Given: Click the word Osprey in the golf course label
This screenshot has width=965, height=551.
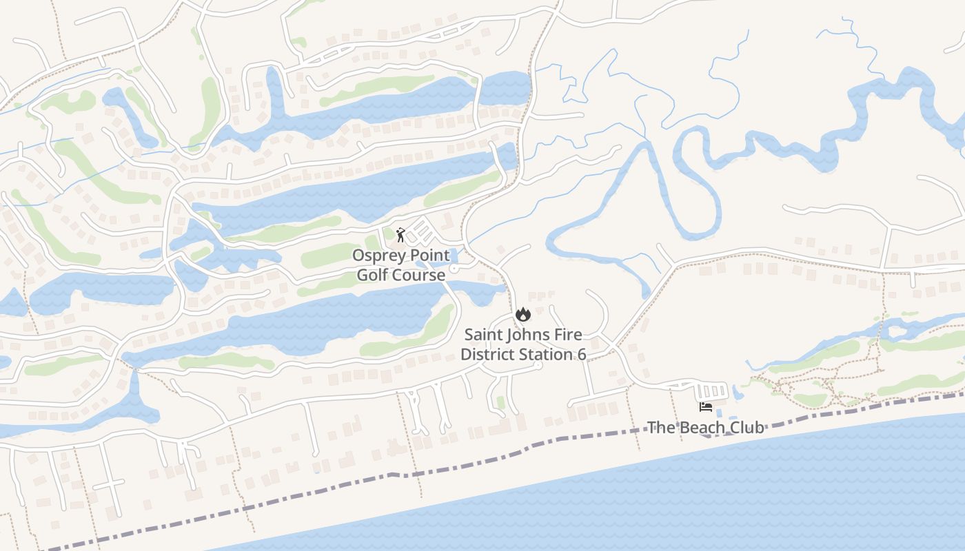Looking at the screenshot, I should coord(378,256).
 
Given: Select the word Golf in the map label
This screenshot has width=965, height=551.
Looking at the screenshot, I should coord(372,275).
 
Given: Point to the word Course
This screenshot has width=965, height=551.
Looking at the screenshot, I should coord(418,275).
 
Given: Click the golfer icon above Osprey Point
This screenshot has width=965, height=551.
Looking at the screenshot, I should coord(400,235).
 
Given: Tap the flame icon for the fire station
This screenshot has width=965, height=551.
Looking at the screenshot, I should coord(522,315).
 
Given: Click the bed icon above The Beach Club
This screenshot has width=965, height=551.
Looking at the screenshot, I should coord(706,407).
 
